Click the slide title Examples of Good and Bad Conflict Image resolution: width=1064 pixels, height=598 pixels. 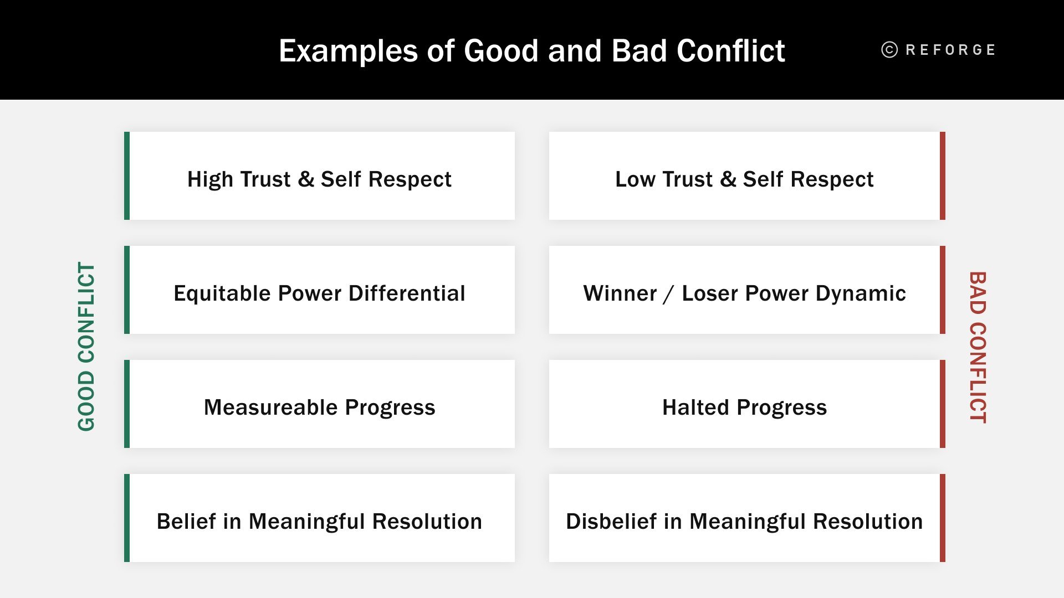point(531,51)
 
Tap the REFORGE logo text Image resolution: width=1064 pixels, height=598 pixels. point(950,50)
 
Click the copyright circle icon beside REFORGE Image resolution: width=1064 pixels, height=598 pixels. point(889,50)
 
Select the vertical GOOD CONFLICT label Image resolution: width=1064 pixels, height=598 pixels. point(86,347)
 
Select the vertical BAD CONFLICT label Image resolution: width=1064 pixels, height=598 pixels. point(978,347)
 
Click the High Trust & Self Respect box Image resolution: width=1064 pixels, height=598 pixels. point(320,176)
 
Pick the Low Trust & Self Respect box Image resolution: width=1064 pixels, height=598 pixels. point(744,176)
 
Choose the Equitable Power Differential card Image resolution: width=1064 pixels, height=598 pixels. point(320,290)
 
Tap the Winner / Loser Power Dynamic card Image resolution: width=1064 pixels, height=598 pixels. point(744,290)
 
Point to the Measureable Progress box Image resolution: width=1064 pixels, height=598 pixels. point(320,404)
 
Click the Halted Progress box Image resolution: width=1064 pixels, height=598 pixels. point(744,404)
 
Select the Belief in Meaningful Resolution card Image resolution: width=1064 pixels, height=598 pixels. point(320,518)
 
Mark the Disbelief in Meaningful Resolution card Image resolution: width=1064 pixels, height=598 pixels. point(744,518)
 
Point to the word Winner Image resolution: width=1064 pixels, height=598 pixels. point(620,293)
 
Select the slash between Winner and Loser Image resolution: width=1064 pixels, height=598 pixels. point(669,294)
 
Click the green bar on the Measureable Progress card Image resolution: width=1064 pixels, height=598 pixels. point(127,404)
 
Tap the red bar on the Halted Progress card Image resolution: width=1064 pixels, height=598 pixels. point(942,404)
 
